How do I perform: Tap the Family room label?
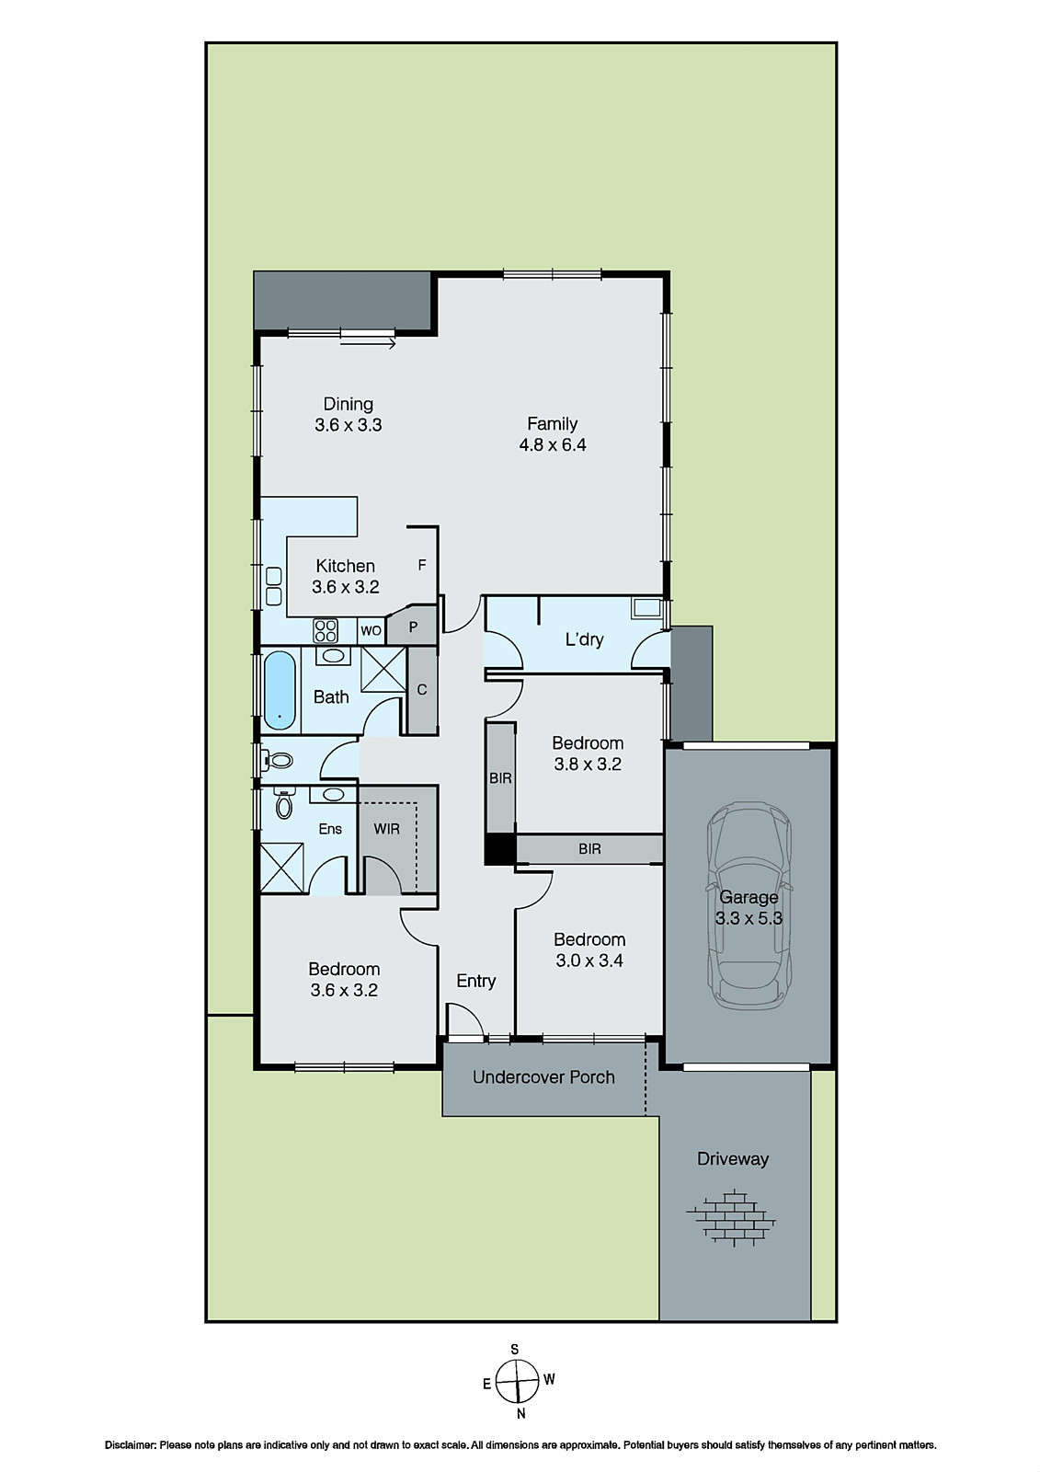tap(552, 434)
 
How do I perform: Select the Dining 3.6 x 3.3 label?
tap(348, 414)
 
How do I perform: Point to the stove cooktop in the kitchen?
tap(326, 630)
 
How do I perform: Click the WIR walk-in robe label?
tap(387, 829)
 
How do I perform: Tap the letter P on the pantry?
tap(414, 628)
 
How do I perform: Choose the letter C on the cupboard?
tap(422, 690)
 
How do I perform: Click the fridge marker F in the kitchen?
tap(422, 565)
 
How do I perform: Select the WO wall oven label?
tap(371, 631)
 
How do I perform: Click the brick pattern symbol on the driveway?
tap(731, 1219)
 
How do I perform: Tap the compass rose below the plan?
tap(516, 1380)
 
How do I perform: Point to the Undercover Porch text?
tap(543, 1077)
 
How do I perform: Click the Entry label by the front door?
tap(476, 981)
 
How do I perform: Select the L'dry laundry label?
tap(584, 638)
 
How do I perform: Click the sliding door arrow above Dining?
tap(368, 344)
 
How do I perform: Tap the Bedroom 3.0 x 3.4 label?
tap(589, 949)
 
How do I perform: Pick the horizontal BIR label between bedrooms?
tap(590, 849)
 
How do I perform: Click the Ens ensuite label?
tap(330, 829)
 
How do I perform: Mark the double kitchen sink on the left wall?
tap(273, 586)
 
